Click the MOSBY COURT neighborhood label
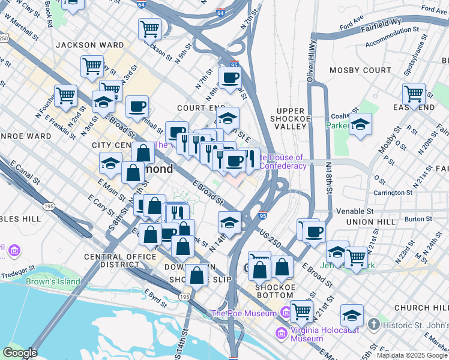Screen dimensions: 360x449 point(360,70)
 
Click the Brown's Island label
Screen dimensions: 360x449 point(53,281)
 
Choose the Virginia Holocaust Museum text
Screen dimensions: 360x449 point(315,334)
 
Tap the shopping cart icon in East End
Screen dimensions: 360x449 point(414,94)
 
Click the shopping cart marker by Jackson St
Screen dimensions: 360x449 point(149,28)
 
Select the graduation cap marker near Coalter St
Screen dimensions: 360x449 point(360,125)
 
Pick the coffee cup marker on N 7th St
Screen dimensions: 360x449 point(229,76)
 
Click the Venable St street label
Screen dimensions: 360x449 point(355,211)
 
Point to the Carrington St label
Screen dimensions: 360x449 point(393,193)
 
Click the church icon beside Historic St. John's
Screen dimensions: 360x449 point(373,325)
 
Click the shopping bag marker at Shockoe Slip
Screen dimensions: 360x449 point(196,275)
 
